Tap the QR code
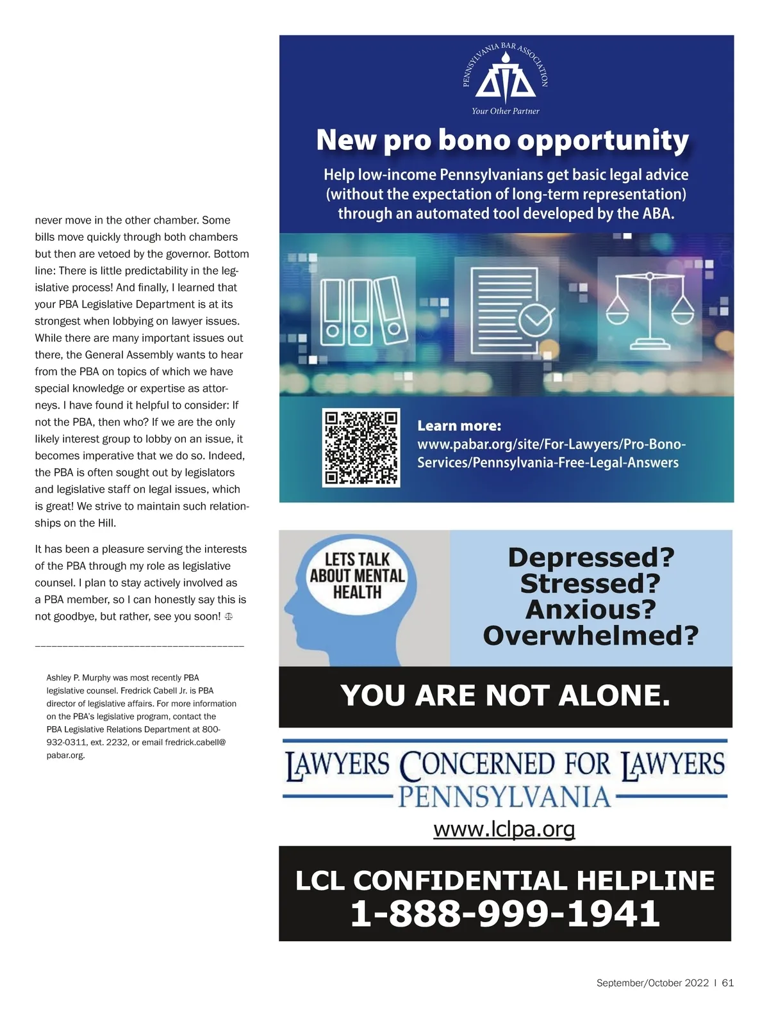[x=361, y=447]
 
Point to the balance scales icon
[x=650, y=307]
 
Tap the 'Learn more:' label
[x=459, y=426]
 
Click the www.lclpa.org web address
[x=504, y=829]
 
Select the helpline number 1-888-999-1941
[x=505, y=913]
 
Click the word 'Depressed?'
[x=591, y=557]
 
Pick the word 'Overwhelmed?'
[x=591, y=636]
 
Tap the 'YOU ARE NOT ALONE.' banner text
[x=505, y=695]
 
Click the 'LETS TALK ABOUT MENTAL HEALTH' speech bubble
[x=357, y=576]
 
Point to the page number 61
[x=728, y=983]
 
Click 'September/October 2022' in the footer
[x=652, y=983]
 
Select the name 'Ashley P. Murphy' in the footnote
[x=78, y=677]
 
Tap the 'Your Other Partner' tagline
[x=506, y=111]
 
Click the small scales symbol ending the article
[x=229, y=617]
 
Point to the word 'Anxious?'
[x=591, y=610]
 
